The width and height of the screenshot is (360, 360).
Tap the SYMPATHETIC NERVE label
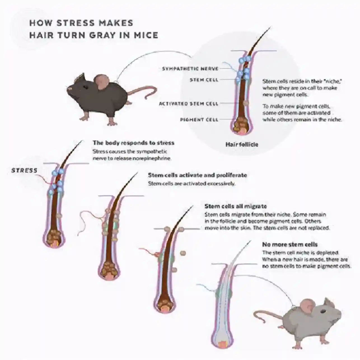click(190, 69)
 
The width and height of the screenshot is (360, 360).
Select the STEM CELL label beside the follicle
click(204, 80)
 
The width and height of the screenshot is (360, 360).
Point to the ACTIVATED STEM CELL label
click(188, 104)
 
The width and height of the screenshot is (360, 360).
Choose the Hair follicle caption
click(242, 144)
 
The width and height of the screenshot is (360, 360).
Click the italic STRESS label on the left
click(24, 170)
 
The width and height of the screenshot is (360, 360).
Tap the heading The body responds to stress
click(134, 143)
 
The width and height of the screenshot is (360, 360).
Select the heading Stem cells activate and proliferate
click(197, 175)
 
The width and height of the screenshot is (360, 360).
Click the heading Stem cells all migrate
click(235, 206)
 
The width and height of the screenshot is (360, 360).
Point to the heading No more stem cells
click(290, 245)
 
